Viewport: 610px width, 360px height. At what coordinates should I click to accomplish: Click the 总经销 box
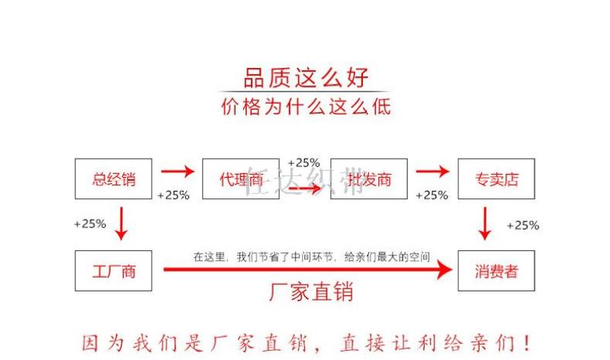114,179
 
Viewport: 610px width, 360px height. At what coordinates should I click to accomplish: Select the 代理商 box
241,179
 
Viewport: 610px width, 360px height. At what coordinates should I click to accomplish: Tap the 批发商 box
369,179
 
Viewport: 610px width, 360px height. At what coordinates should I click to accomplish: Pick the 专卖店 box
496,179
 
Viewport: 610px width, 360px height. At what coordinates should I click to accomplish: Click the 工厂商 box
114,270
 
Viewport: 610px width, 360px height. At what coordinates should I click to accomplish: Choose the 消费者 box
496,270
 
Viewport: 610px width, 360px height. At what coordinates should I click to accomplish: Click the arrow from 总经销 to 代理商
178,172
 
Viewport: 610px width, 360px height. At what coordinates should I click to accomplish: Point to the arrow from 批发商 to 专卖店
432,172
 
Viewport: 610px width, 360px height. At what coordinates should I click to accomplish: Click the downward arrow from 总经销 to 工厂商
120,223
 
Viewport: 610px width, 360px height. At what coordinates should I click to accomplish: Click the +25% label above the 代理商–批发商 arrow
303,162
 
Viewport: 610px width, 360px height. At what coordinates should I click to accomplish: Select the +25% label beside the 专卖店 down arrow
522,225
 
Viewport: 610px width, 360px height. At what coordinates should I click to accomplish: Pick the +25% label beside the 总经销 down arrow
89,224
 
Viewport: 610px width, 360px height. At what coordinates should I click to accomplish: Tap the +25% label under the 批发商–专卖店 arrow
432,195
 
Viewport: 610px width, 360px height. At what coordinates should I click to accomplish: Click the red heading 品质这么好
306,77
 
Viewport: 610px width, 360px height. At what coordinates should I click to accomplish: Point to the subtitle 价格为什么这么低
306,106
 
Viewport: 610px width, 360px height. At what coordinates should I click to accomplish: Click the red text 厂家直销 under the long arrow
311,291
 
